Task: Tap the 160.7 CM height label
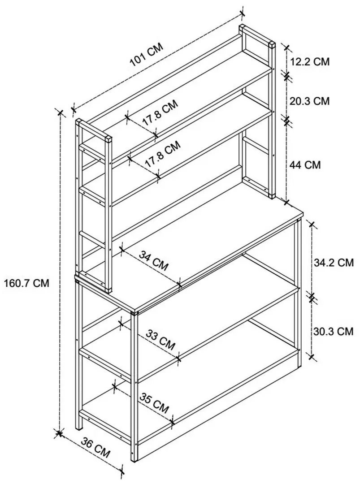(26, 283)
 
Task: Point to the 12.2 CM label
(310, 61)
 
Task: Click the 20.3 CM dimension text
(309, 101)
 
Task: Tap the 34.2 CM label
(334, 263)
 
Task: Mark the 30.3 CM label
(333, 331)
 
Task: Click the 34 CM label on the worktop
(154, 260)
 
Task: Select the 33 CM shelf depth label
(160, 340)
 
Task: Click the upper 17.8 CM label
(160, 112)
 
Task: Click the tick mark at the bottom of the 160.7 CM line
(59, 433)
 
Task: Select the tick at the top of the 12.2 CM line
(286, 48)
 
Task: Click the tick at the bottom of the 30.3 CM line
(312, 357)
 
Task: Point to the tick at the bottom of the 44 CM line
(287, 202)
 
